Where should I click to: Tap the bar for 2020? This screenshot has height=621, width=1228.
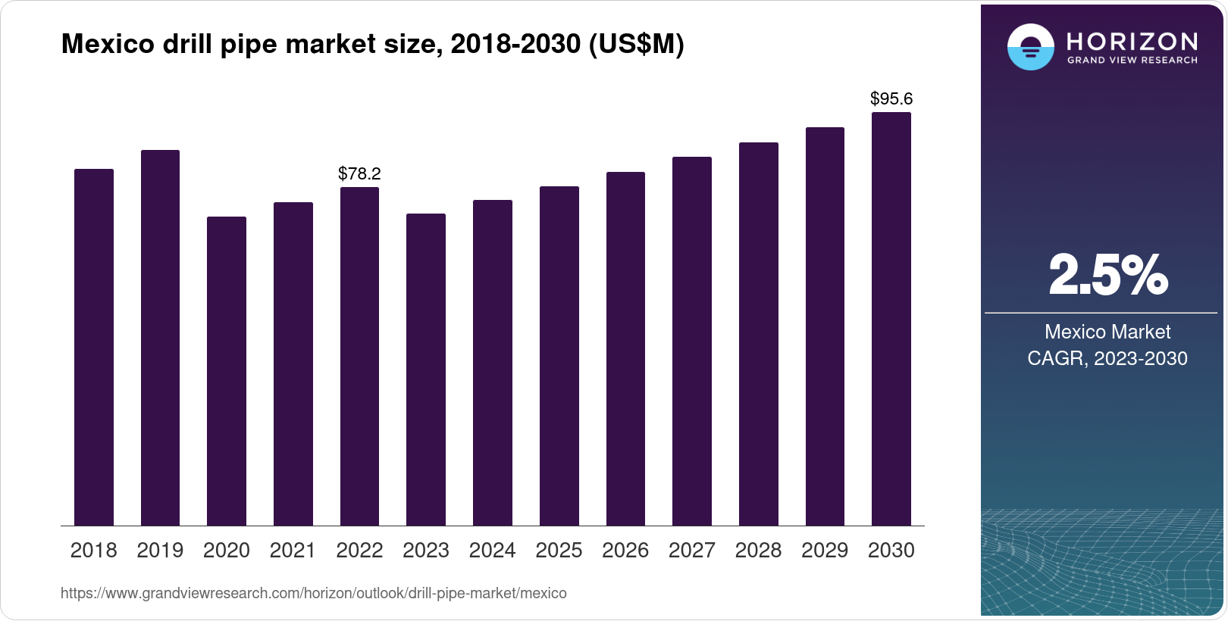click(227, 371)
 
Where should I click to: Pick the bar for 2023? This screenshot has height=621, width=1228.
click(426, 370)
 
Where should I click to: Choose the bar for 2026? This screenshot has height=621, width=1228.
click(625, 348)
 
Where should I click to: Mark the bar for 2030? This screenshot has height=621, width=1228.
click(891, 319)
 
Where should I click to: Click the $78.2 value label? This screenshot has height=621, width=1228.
click(359, 173)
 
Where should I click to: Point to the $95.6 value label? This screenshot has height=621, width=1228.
click(891, 98)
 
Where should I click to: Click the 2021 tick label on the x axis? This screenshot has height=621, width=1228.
click(293, 551)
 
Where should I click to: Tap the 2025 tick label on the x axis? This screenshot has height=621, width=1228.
click(559, 551)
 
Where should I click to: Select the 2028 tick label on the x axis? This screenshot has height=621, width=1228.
click(758, 551)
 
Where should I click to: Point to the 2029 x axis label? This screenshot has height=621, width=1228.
click(825, 551)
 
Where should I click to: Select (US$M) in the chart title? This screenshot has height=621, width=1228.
click(636, 45)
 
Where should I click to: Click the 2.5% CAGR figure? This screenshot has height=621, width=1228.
click(1107, 275)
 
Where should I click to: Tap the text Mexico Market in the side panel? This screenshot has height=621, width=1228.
click(1107, 332)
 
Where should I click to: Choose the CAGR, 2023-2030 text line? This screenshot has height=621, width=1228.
click(1107, 358)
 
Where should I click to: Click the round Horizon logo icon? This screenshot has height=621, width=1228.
click(1030, 47)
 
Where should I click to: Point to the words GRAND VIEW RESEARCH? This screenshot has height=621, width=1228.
click(1132, 60)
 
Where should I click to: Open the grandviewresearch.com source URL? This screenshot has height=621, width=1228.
click(313, 593)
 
